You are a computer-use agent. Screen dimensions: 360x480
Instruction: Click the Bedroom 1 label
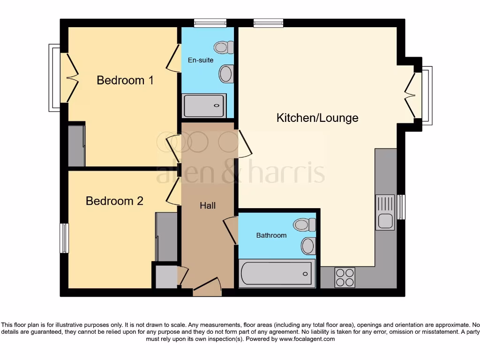point(125,80)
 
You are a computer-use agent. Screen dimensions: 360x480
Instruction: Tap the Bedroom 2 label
point(114,201)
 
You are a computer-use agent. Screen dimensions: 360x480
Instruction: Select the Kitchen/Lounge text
point(317,118)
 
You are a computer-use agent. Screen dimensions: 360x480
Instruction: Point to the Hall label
point(208,205)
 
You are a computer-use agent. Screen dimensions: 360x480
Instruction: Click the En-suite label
point(201,60)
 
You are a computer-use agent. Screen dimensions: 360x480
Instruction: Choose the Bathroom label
point(271,235)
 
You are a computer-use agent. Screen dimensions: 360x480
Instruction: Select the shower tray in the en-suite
point(204,106)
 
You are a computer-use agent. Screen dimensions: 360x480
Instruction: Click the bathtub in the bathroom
point(276,274)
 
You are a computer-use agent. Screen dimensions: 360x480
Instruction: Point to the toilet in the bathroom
point(305,225)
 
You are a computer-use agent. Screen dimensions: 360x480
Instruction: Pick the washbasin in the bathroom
point(308,245)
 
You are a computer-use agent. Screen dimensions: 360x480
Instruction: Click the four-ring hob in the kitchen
point(345,277)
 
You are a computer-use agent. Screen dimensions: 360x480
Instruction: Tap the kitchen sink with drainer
point(385,212)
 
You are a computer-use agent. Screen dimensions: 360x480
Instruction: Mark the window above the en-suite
point(210,22)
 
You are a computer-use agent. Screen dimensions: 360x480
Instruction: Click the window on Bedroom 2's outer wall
point(64,238)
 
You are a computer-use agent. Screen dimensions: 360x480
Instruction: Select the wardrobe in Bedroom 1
point(76,145)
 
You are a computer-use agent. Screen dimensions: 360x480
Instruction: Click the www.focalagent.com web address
point(307,339)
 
